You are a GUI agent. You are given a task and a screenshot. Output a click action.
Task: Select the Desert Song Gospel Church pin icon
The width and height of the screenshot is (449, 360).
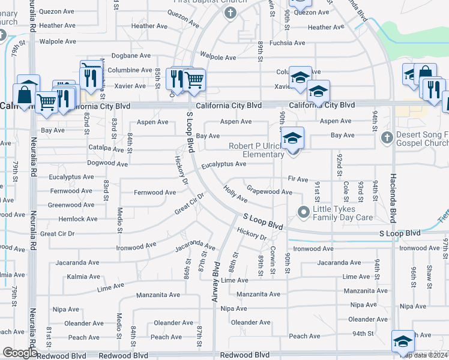387,138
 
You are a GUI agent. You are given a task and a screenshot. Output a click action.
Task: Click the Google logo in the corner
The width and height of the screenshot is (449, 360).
19,353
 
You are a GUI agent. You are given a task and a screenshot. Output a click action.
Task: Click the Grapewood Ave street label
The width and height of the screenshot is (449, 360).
270,192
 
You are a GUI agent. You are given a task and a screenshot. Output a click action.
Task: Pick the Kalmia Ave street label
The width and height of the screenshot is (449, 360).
84,277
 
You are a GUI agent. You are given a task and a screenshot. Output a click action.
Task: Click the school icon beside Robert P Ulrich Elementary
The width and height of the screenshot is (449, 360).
292,139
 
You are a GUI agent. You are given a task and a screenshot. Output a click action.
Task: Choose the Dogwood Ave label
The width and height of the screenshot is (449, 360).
107,163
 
